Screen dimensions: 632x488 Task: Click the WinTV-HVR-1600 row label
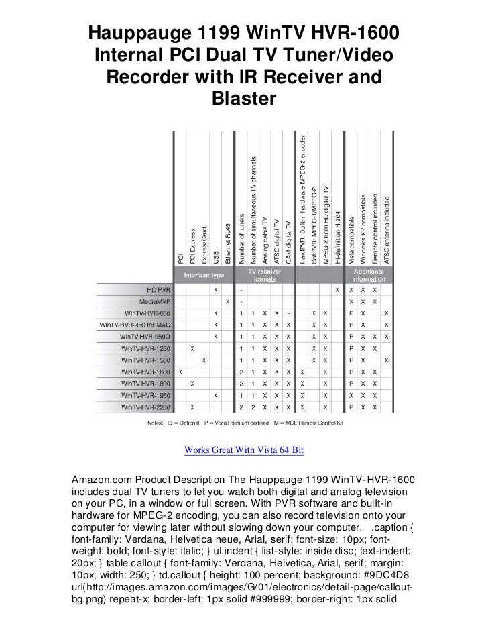pos(146,372)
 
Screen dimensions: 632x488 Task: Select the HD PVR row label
pos(155,289)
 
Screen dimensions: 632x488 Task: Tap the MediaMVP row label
pos(154,301)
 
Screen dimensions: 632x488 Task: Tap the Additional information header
pos(368,275)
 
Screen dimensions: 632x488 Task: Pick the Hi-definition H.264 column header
pos(339,235)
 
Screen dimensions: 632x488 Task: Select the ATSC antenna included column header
pos(387,228)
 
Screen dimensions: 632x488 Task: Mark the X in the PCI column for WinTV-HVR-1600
pos(180,372)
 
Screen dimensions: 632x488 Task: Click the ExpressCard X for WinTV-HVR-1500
pos(204,360)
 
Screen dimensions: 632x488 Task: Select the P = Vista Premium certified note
pos(227,423)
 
